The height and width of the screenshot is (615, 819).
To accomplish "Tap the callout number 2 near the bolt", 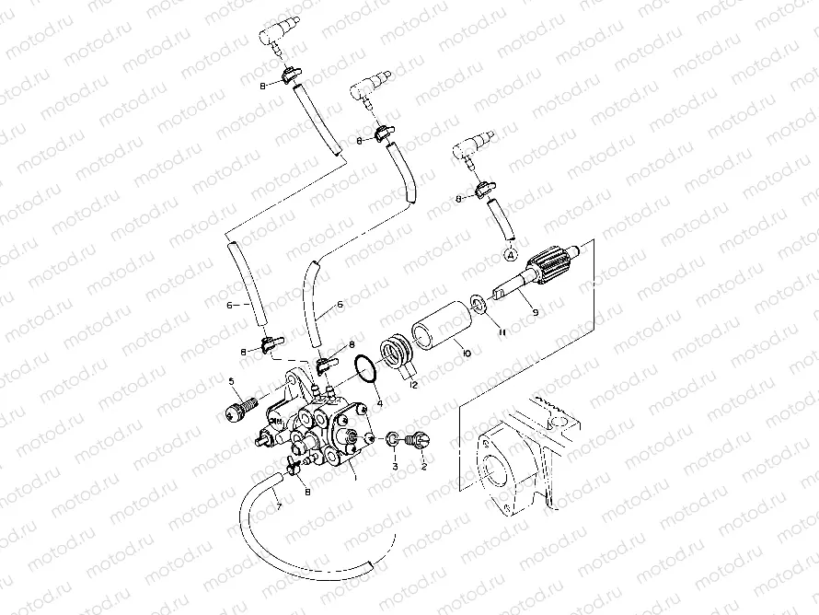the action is pyautogui.click(x=424, y=467).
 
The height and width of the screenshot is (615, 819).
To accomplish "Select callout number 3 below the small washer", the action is pyautogui.click(x=395, y=467).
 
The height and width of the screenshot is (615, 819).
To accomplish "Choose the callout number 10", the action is pyautogui.click(x=466, y=354).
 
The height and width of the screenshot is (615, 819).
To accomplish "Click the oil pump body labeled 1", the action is pyautogui.click(x=317, y=428).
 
